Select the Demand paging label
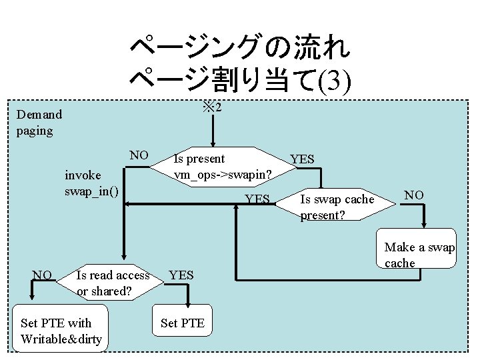pos(39,123)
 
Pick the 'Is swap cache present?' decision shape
pos(336,207)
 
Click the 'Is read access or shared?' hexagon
pos(111,283)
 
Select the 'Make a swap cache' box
pos(419,255)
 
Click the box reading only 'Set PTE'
pos(183,323)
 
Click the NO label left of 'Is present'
pos(139,156)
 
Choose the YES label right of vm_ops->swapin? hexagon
pos(302,159)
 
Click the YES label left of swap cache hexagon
pos(257,199)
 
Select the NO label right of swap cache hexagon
pos(414,195)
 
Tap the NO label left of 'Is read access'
pos(42,275)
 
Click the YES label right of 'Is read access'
pos(181,275)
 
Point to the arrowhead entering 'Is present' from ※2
pos(213,143)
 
